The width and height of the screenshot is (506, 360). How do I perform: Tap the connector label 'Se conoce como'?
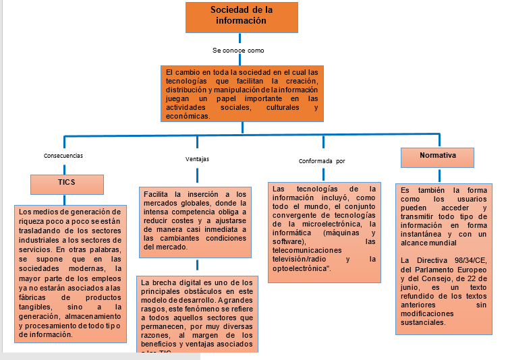[x=237, y=51]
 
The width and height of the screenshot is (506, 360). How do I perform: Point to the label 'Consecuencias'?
[x=63, y=155]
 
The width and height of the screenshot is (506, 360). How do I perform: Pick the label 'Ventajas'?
[x=197, y=159]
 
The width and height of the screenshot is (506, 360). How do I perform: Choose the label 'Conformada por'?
[x=322, y=161]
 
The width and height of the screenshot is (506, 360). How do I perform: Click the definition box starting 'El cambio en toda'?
[x=241, y=93]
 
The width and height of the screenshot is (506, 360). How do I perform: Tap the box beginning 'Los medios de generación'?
[x=70, y=273]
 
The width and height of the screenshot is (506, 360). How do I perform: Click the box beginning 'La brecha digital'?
[x=197, y=313]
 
